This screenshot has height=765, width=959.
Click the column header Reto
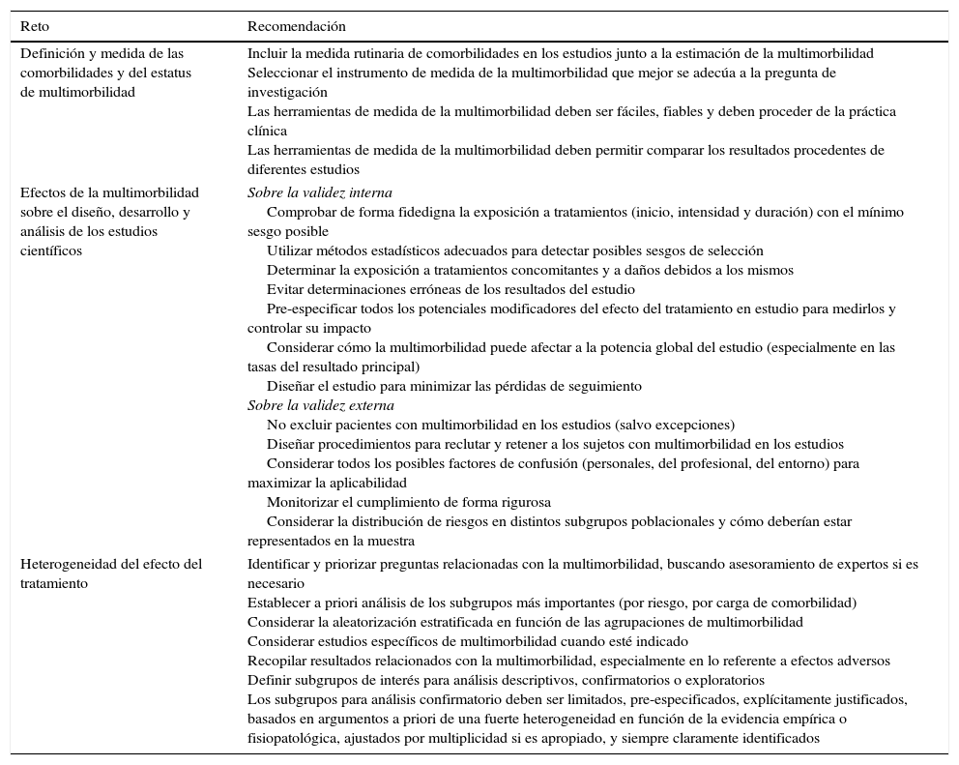[35, 26]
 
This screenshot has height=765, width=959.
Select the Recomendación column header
[296, 26]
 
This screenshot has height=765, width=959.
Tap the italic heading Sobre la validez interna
[319, 192]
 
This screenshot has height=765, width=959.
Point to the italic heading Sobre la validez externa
[320, 405]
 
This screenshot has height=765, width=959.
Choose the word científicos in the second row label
[53, 250]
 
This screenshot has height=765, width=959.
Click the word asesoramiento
[762, 564]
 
